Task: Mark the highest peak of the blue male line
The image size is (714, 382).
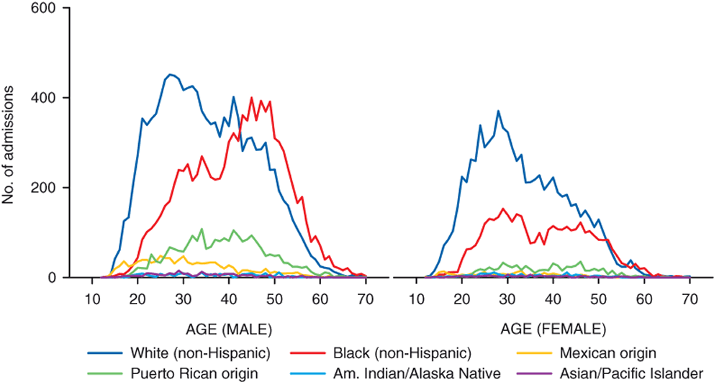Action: tap(169, 74)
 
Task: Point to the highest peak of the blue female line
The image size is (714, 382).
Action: tap(498, 111)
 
